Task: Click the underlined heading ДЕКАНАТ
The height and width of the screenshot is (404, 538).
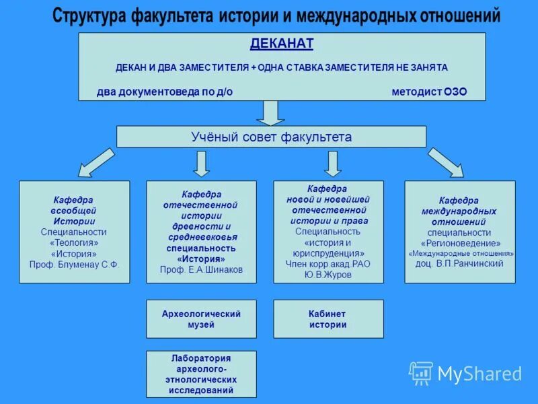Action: click(282, 44)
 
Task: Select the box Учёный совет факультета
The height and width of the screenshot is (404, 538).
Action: click(271, 137)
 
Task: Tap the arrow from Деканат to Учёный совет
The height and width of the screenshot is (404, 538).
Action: click(271, 112)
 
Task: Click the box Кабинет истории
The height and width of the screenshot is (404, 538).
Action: click(328, 319)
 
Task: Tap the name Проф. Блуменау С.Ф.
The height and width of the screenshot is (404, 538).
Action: click(74, 265)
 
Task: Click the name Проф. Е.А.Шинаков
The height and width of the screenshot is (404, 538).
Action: click(201, 269)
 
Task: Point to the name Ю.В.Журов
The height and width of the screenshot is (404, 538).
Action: click(328, 274)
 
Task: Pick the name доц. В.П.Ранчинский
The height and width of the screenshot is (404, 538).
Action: click(459, 263)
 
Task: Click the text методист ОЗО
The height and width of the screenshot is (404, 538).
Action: click(428, 92)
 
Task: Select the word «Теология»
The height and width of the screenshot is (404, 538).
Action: click(74, 243)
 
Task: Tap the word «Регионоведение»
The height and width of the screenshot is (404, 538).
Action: click(460, 243)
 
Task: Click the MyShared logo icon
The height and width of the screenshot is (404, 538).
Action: click(421, 373)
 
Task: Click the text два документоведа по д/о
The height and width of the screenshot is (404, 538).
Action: click(164, 92)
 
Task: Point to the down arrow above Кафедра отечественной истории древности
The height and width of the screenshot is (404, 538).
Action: click(202, 164)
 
